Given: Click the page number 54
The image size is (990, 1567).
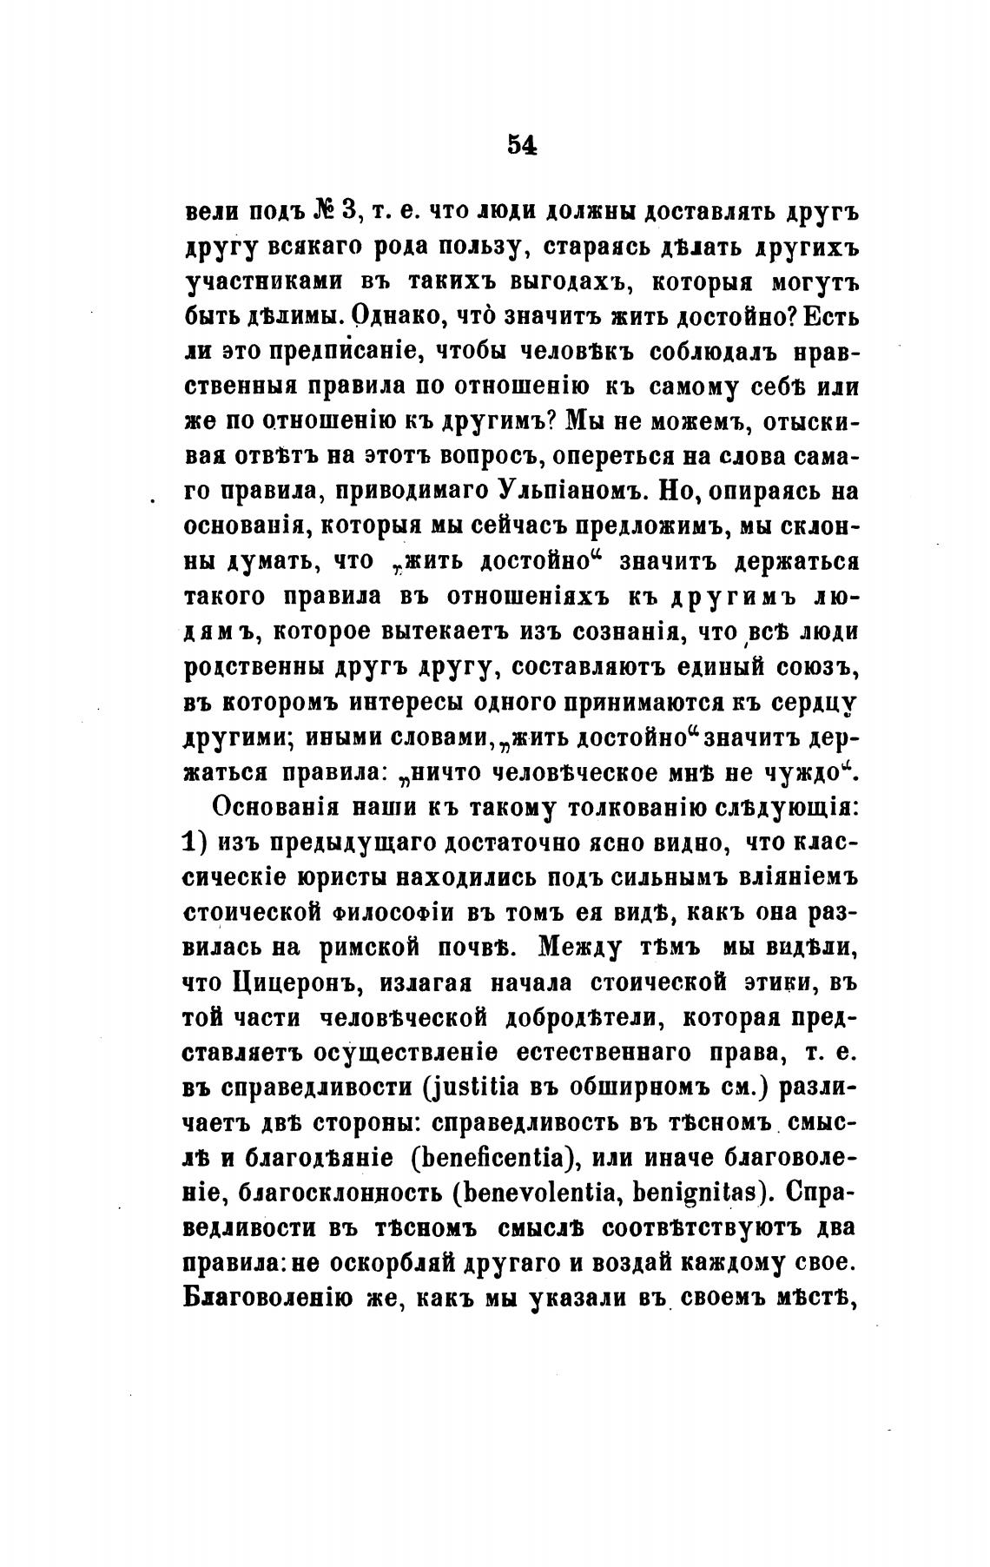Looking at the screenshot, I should pyautogui.click(x=523, y=147).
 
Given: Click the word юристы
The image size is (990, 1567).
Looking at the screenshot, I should pyautogui.click(x=337, y=877).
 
